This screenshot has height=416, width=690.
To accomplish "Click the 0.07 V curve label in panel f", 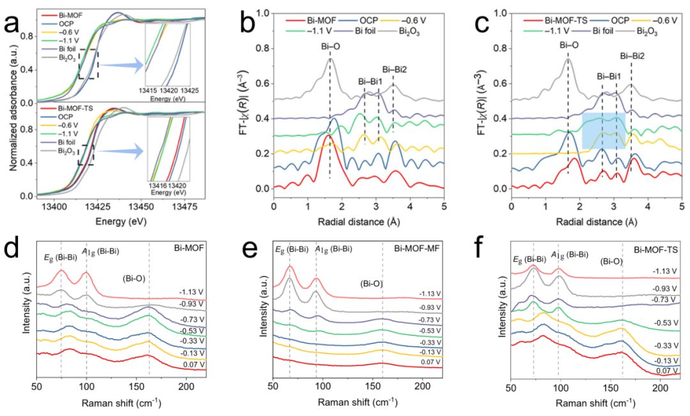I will click(x=667, y=371).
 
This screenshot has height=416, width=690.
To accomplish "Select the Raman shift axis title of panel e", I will click(x=357, y=404).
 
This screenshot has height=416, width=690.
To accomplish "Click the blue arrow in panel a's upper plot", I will click(x=120, y=64).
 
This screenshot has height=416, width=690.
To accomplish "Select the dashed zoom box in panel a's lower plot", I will click(x=87, y=156).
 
